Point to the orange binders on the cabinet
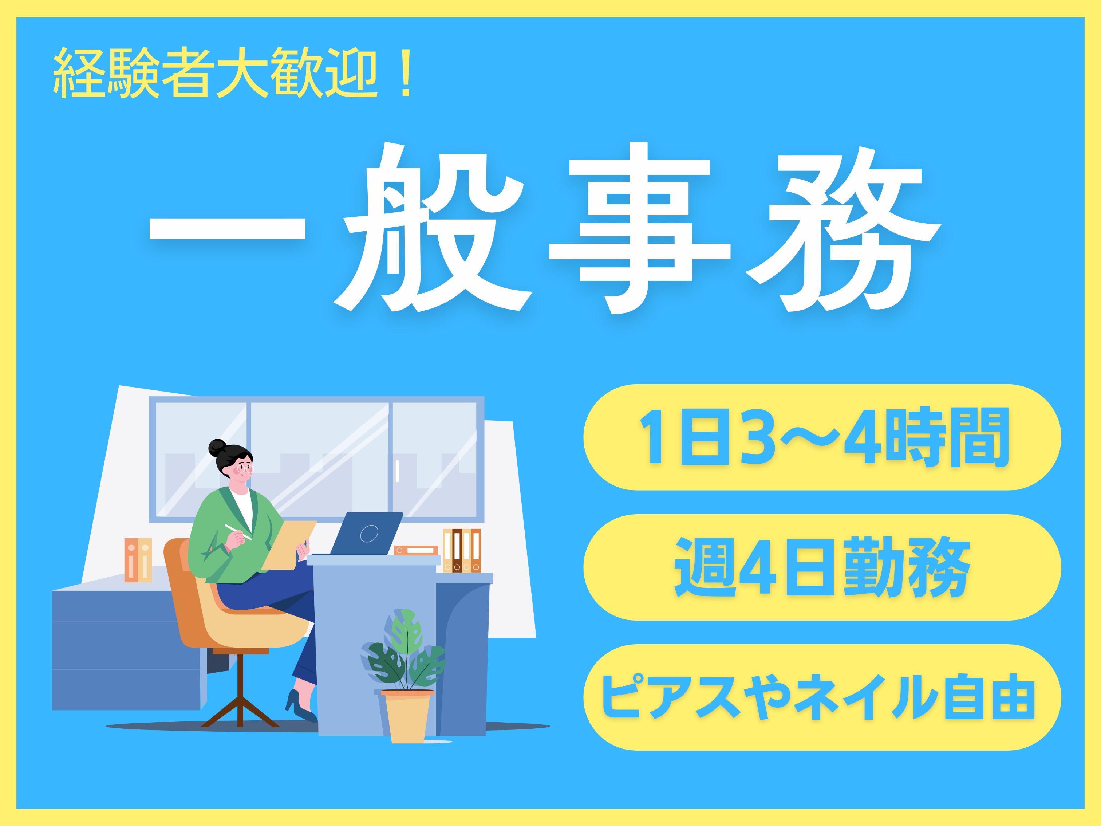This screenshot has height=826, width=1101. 138,560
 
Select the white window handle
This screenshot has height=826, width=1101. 397,471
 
